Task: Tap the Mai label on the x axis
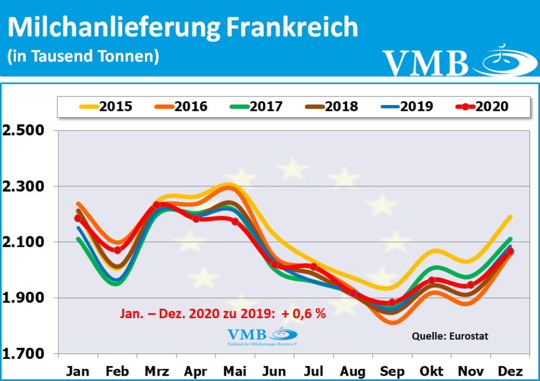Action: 235,371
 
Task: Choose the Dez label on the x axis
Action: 509,371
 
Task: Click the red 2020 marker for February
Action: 117,250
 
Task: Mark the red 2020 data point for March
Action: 157,205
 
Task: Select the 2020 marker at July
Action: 314,266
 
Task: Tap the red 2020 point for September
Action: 392,302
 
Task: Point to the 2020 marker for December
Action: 510,252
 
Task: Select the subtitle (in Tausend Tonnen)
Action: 83,56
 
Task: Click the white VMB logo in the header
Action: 454,61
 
